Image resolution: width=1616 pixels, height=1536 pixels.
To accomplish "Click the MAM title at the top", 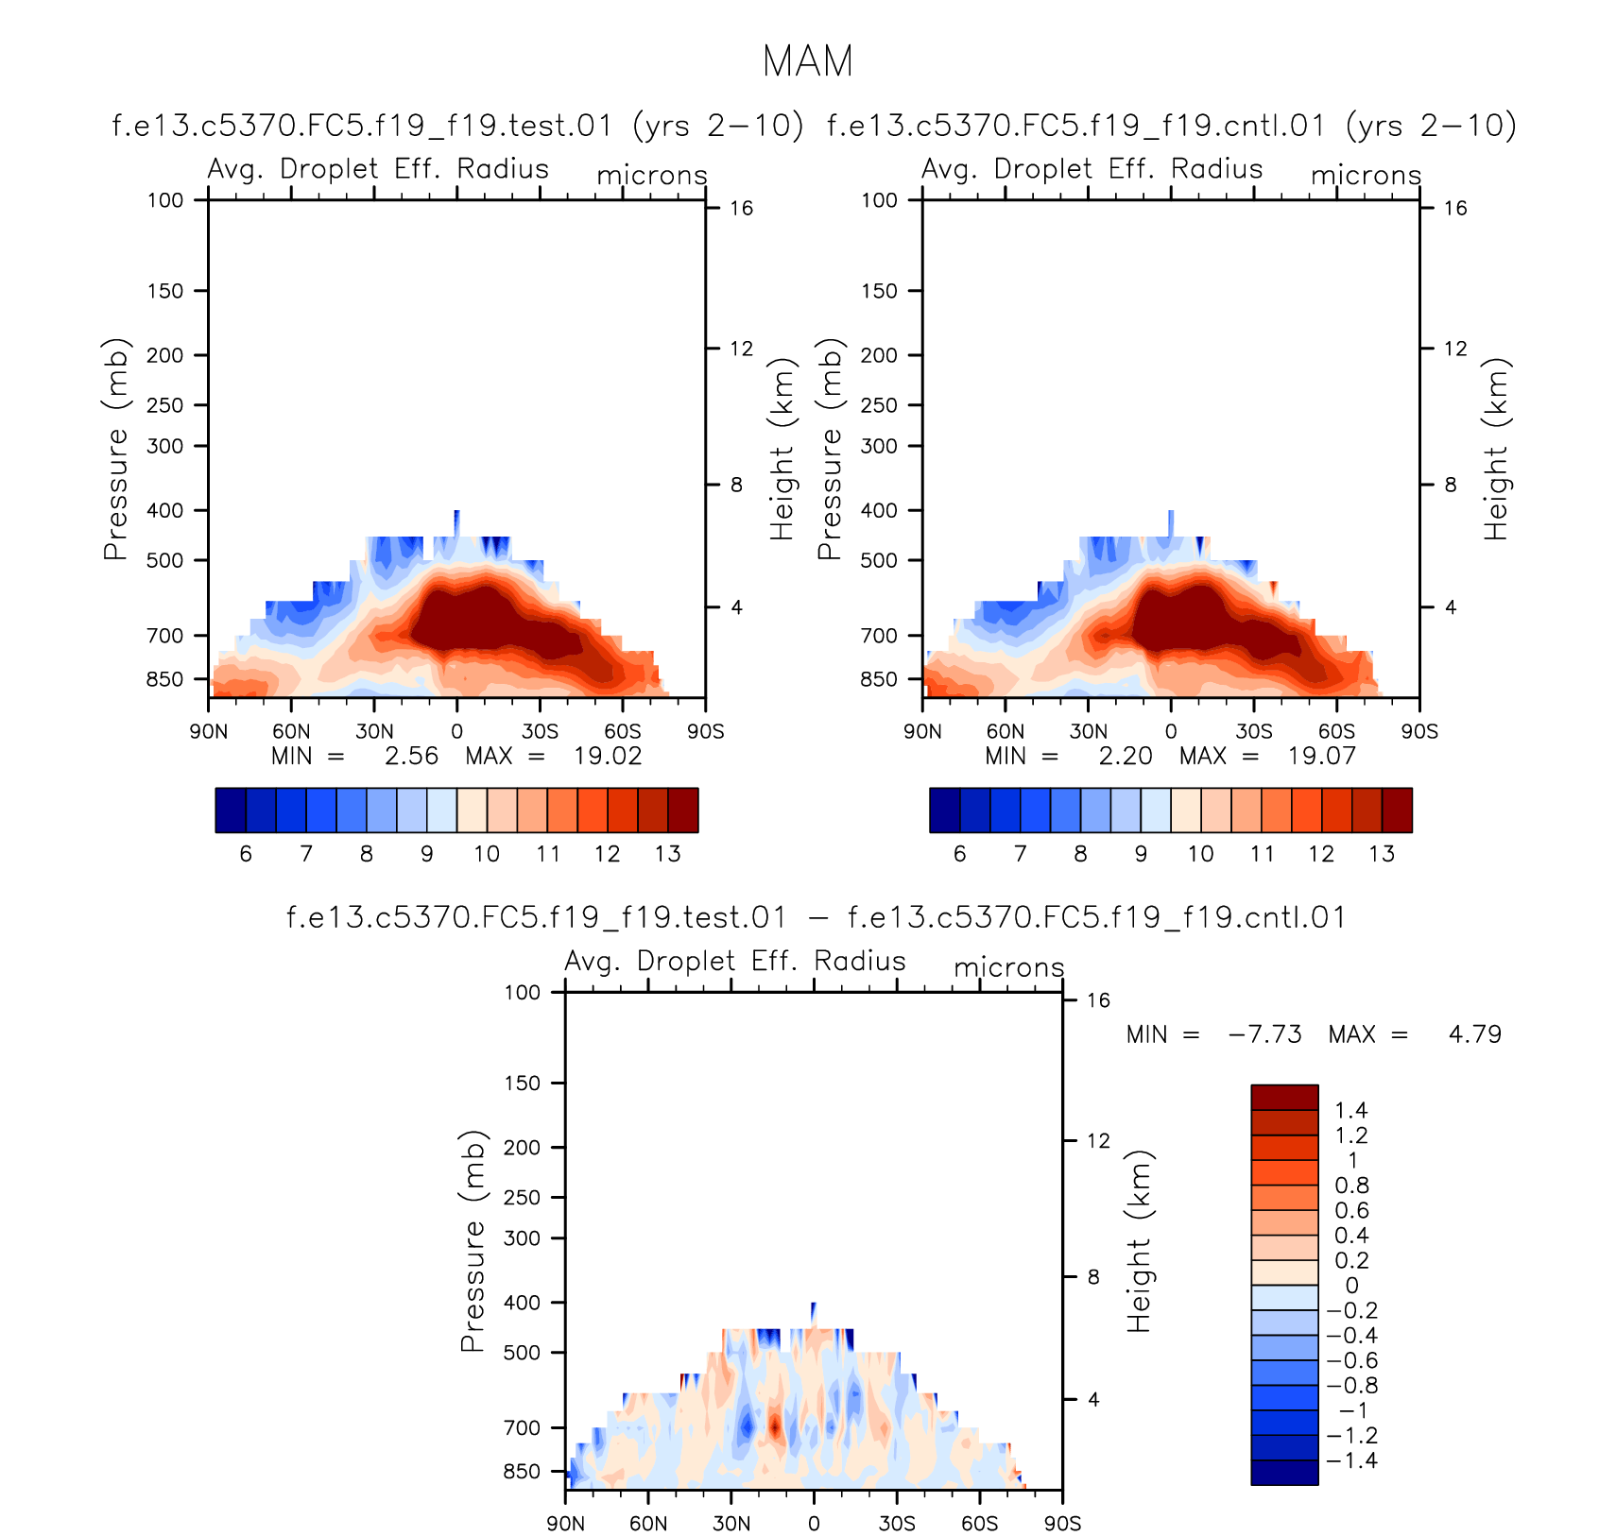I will click(807, 61).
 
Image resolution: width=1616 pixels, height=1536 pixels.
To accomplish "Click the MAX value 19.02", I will click(608, 757).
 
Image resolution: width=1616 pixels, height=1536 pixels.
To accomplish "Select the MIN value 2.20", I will click(1125, 757).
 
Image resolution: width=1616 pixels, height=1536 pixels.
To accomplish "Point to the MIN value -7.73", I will click(1264, 1034).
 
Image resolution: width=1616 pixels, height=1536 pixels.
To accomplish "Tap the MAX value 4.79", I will click(1474, 1034).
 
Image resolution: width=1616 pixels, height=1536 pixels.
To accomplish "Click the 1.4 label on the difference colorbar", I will click(1350, 1111).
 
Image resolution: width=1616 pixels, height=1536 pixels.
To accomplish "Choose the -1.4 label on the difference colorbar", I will click(1352, 1460).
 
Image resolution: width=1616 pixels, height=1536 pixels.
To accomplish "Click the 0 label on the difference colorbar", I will click(1351, 1286).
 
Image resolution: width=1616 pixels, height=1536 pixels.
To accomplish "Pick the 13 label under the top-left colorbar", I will click(667, 854).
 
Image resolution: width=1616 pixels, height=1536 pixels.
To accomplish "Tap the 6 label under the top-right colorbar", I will click(959, 854).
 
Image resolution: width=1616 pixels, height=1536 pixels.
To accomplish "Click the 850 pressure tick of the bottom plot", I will click(522, 1472).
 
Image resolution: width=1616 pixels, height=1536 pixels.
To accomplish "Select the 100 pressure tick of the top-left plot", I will click(164, 200).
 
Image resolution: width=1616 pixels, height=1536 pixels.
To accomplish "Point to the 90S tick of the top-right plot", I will click(1418, 731).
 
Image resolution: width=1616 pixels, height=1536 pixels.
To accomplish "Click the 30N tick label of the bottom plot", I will click(731, 1524).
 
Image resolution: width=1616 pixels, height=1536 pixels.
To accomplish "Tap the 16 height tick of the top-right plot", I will click(1455, 208).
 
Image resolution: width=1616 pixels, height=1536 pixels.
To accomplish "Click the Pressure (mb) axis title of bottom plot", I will click(472, 1241).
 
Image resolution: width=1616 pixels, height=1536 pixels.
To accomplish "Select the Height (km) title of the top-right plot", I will click(1496, 449).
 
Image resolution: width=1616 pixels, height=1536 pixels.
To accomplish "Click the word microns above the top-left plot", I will click(652, 176).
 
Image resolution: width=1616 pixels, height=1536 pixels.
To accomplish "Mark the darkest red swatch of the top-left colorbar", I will click(682, 810).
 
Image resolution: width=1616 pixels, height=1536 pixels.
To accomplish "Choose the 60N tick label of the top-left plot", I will click(291, 731).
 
